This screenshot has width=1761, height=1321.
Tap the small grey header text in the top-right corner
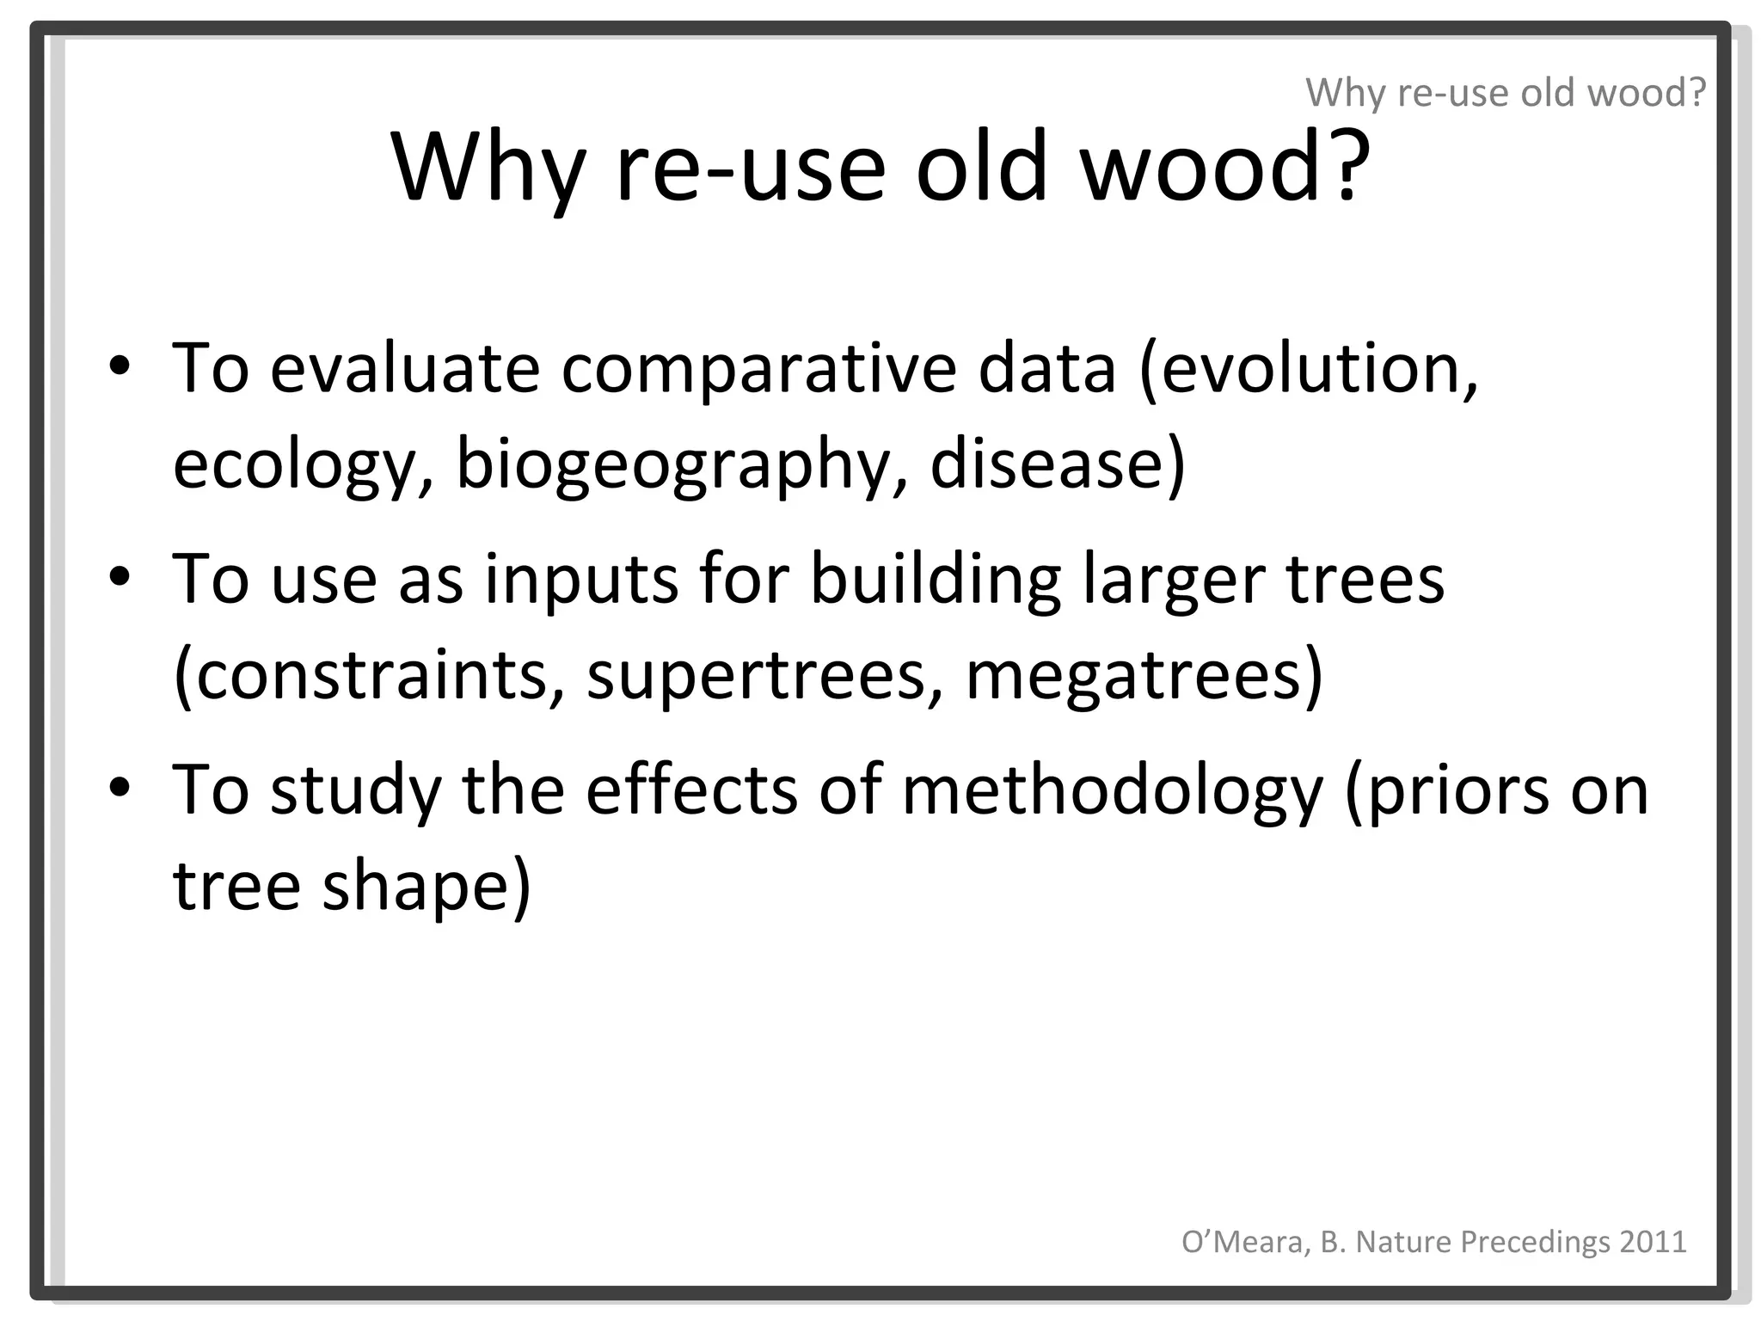point(1505,92)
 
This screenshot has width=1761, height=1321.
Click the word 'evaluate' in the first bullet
point(405,367)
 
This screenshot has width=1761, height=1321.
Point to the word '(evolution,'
point(1308,367)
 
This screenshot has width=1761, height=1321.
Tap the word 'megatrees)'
point(1144,675)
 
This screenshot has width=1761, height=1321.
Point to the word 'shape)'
point(426,885)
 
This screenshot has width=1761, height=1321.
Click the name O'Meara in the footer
point(1243,1241)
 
